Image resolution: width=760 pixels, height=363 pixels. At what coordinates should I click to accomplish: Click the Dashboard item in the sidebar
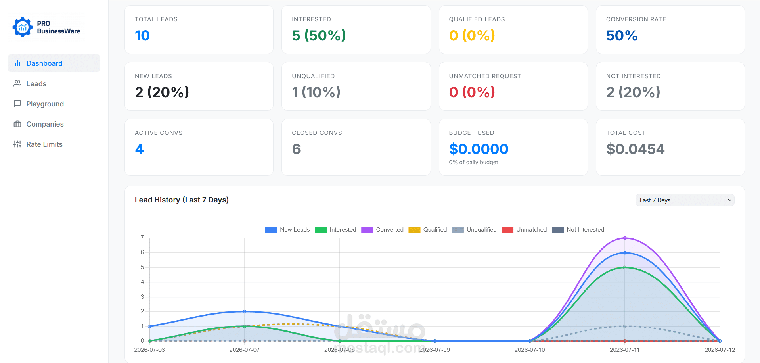pos(54,63)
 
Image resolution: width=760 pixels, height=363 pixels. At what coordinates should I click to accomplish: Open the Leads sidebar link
pos(30,84)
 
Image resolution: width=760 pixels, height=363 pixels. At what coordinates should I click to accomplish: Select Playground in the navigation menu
pos(39,104)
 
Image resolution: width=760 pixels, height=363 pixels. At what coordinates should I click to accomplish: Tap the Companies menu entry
pos(39,124)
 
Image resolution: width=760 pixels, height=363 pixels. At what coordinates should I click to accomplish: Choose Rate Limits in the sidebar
pos(38,144)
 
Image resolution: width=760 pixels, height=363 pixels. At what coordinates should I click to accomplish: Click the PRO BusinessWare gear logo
pos(22,27)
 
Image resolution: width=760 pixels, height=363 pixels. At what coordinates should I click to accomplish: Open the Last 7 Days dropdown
pos(685,200)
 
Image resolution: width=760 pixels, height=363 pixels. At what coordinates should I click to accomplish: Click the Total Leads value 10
pos(142,36)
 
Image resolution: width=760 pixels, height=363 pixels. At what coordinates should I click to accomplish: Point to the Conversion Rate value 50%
pos(621,36)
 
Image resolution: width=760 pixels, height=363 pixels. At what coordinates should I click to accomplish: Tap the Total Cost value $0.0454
pos(635,149)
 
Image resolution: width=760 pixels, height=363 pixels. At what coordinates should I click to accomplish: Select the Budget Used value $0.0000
pos(479,149)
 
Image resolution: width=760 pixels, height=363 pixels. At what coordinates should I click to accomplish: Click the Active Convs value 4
pos(139,149)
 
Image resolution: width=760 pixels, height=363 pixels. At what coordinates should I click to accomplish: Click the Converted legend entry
pos(382,230)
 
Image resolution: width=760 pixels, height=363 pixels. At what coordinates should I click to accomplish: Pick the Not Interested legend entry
pos(578,230)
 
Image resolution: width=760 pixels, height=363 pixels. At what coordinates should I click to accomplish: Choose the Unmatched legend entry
pos(524,230)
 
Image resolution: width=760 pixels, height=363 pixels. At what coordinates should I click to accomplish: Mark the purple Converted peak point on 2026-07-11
pos(625,238)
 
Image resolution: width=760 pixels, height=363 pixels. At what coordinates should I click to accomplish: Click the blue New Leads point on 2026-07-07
pos(245,311)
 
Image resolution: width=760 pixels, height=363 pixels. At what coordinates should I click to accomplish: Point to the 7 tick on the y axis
pos(142,238)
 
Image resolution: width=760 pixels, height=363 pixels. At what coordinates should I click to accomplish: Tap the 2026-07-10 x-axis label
pos(530,350)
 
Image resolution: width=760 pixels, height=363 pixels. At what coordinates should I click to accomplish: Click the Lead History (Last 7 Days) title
pos(182,200)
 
